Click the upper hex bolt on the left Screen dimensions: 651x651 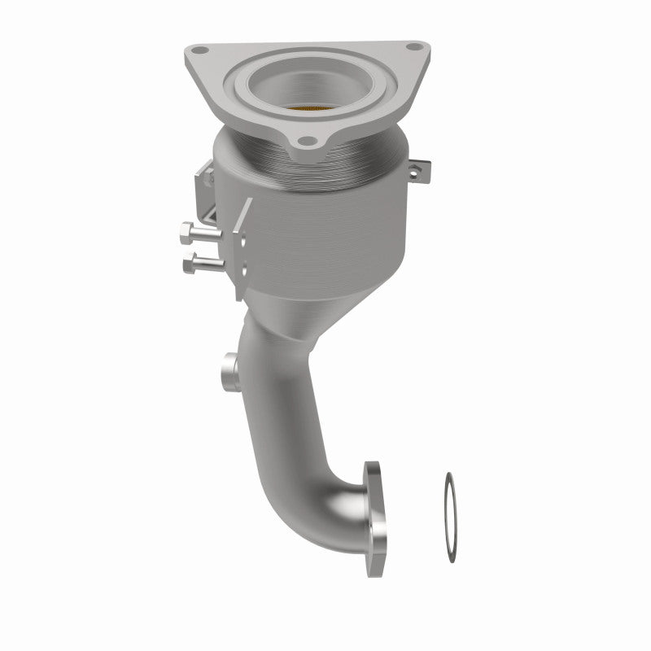[200, 235]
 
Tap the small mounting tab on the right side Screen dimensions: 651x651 [417, 171]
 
